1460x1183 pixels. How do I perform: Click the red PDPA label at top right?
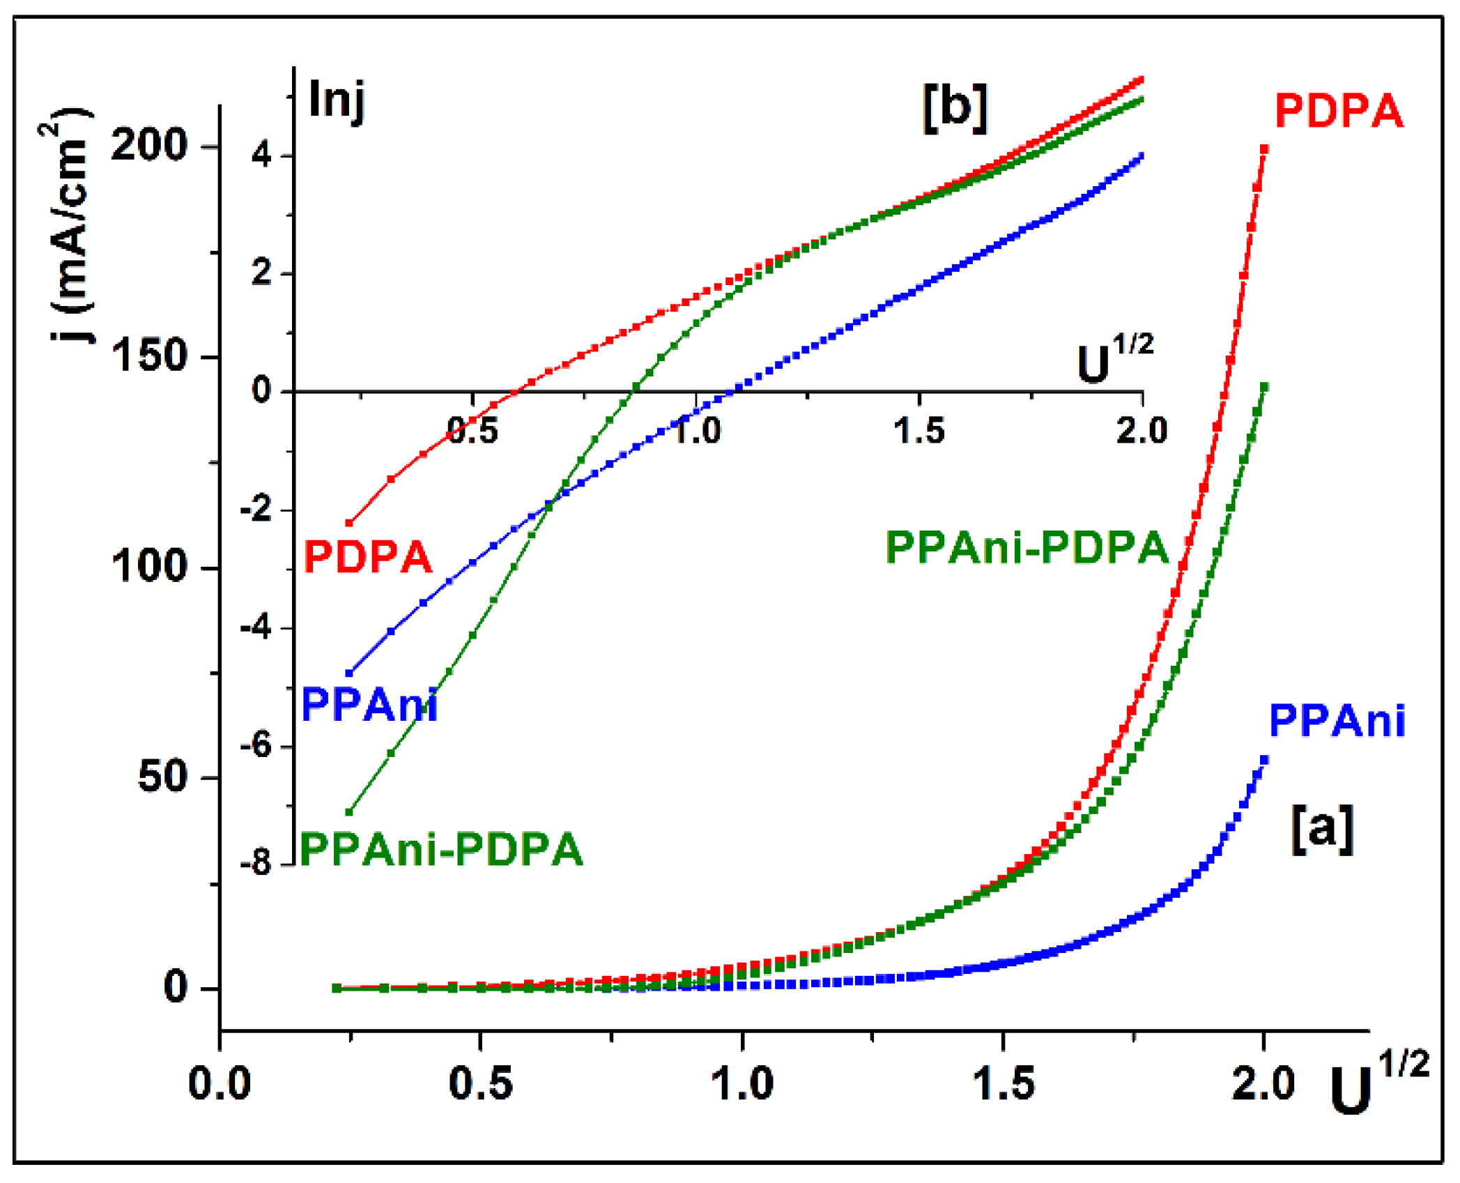point(1337,112)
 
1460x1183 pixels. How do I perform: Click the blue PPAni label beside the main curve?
point(1336,721)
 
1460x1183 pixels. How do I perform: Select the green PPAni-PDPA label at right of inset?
point(1027,548)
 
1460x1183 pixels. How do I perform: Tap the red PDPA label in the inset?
point(368,557)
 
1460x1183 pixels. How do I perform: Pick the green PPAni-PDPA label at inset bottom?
point(441,849)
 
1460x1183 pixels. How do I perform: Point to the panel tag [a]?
point(1322,829)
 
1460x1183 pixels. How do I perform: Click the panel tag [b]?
point(955,108)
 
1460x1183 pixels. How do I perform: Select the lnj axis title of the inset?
point(337,100)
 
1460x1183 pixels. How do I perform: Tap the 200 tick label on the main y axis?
point(149,146)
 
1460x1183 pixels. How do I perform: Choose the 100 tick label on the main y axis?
point(149,566)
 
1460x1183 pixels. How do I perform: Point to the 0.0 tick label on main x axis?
point(220,1085)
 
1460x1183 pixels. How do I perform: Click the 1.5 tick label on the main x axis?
point(1003,1085)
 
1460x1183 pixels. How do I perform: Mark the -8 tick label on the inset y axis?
point(256,864)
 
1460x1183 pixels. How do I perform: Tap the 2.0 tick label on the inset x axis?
point(1142,430)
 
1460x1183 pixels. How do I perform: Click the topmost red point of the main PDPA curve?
point(1263,148)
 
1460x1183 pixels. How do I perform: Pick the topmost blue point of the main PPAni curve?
point(1263,760)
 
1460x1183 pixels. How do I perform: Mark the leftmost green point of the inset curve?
point(349,812)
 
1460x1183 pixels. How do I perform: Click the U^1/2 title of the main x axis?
point(1376,1085)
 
